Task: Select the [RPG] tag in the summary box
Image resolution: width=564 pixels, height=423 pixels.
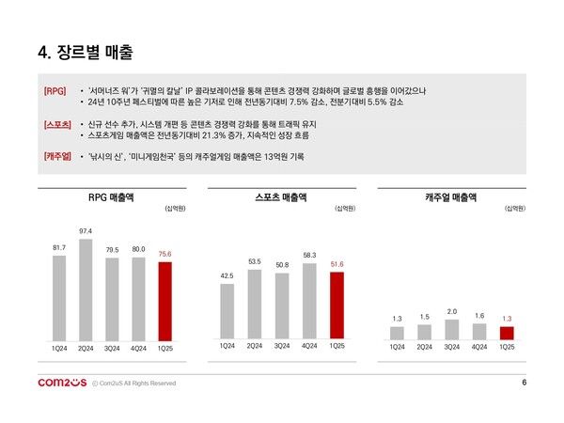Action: click(x=55, y=90)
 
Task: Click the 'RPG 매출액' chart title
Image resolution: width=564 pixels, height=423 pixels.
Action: click(x=112, y=197)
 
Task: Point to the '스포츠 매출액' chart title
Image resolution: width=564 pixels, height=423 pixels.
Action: click(x=281, y=197)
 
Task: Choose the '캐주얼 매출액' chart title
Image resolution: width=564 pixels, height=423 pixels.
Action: click(x=450, y=197)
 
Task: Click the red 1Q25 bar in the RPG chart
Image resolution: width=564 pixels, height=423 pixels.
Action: click(x=165, y=300)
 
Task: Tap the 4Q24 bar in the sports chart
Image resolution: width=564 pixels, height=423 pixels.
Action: click(x=309, y=301)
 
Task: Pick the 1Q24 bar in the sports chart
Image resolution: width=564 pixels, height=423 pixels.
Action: click(x=227, y=310)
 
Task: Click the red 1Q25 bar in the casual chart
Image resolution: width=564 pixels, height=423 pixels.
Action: click(x=507, y=333)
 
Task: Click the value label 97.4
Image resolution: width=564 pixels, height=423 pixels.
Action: click(x=86, y=230)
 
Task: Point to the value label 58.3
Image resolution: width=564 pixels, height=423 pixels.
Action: click(x=309, y=255)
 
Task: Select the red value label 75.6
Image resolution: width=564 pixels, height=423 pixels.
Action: click(x=165, y=253)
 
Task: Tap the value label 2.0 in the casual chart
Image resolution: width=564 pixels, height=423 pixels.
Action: click(x=452, y=311)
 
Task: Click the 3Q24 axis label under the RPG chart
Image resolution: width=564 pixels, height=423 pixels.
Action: click(x=112, y=348)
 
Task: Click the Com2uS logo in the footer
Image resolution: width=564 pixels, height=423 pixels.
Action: click(x=61, y=383)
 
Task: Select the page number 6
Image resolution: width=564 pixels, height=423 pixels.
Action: click(x=524, y=382)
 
